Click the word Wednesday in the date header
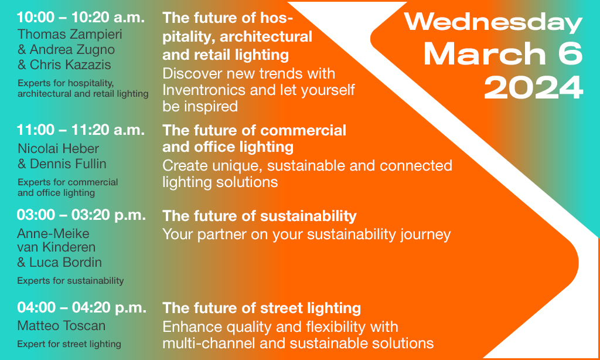pyautogui.click(x=493, y=23)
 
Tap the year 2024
pyautogui.click(x=533, y=88)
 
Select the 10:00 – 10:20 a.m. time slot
pyautogui.click(x=81, y=17)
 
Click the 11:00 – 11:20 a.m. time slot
pyautogui.click(x=81, y=130)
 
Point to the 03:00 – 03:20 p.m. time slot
pyautogui.click(x=81, y=215)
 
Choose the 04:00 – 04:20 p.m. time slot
pyautogui.click(x=81, y=308)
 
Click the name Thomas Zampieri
pyautogui.click(x=70, y=34)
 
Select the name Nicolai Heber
pyautogui.click(x=58, y=148)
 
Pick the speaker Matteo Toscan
pyautogui.click(x=61, y=325)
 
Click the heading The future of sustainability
pyautogui.click(x=260, y=216)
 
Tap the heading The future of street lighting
pyautogui.click(x=262, y=308)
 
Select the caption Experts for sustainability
pyautogui.click(x=70, y=281)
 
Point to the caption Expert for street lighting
pyautogui.click(x=69, y=344)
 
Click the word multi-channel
pyautogui.click(x=209, y=343)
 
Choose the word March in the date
pyautogui.click(x=485, y=54)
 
